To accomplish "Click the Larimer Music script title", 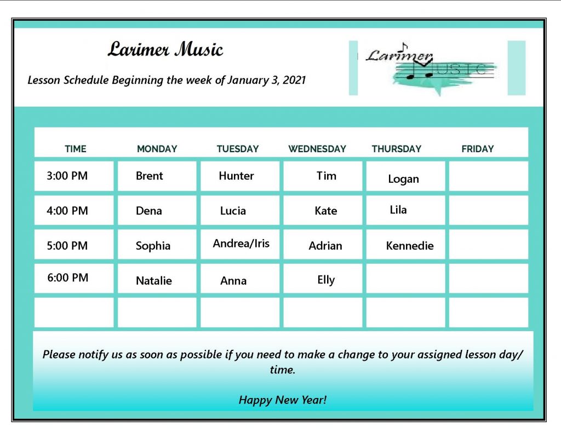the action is coord(165,49).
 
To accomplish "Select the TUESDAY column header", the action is coord(238,149).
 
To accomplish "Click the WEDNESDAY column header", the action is coord(317,149).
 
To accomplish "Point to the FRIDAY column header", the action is coord(478,149).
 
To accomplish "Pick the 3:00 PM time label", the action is coord(67,176).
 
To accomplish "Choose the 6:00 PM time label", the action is coord(67,278).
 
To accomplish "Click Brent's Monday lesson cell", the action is coord(157,176).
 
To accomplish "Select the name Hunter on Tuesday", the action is coord(236,176).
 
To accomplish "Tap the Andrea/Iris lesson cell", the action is coord(240,244).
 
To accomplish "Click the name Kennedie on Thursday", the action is coord(410,246).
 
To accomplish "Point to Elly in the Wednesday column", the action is coord(326,280).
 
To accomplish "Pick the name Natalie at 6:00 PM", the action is coord(154,281).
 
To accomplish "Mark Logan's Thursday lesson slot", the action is coord(406,176).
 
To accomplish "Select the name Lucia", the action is coord(233,211).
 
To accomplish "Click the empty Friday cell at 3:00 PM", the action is coord(489,176).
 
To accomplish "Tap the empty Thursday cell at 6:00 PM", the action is coord(406,279).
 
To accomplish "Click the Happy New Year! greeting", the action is coord(283,400).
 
